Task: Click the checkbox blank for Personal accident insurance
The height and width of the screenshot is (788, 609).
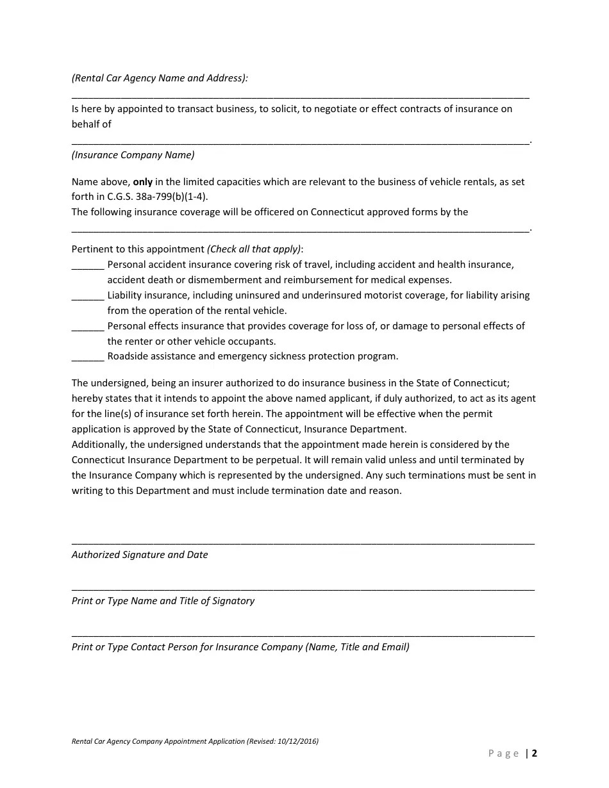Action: tap(88, 266)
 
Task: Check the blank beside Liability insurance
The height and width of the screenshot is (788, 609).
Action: tap(88, 297)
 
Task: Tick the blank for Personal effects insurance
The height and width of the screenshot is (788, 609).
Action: tap(88, 327)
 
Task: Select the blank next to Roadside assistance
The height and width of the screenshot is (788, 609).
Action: tap(88, 357)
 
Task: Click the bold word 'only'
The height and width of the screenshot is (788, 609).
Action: tap(143, 182)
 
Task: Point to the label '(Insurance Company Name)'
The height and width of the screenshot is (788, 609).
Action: tap(133, 155)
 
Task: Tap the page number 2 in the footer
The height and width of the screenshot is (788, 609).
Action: tap(534, 753)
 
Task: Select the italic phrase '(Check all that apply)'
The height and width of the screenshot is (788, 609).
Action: tap(254, 249)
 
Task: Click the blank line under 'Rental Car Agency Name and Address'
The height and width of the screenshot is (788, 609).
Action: tap(300, 97)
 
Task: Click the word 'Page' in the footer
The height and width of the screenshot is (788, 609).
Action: tap(504, 753)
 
